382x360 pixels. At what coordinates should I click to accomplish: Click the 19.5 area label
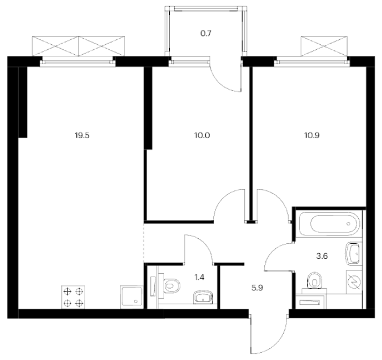[x=82, y=135]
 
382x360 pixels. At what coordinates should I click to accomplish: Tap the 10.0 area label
[x=202, y=135]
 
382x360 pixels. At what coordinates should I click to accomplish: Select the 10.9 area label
[x=312, y=135]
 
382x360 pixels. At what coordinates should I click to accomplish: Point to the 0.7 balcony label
[x=206, y=33]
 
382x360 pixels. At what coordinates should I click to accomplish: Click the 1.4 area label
[x=199, y=277]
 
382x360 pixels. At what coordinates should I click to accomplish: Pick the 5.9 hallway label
[x=257, y=288]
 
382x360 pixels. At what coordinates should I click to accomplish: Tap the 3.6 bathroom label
[x=322, y=256]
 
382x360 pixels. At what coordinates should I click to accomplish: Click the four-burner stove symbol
[x=74, y=297]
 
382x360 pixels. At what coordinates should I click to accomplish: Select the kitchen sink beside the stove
[x=132, y=297]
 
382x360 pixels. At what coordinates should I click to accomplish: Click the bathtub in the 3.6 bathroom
[x=328, y=223]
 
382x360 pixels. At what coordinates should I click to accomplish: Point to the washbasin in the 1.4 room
[x=203, y=297]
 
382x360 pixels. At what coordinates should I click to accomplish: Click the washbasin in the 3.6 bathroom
[x=353, y=254]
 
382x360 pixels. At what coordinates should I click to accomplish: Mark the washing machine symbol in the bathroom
[x=354, y=281]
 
